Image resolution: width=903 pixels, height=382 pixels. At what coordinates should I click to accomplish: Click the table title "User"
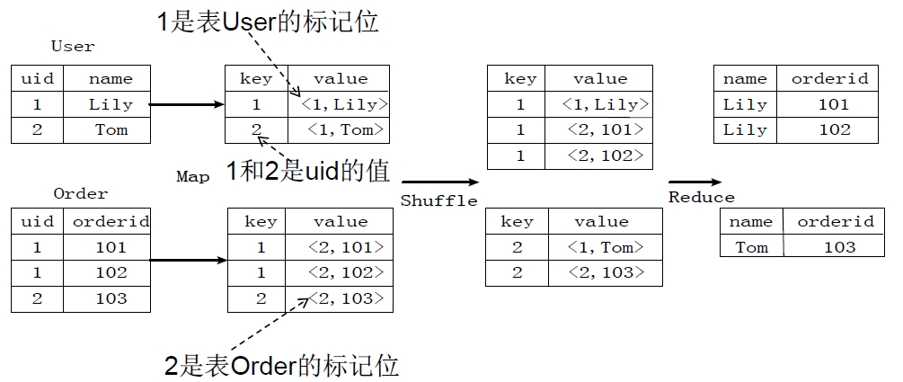coord(73,46)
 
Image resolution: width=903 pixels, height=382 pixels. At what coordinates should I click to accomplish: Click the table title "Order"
coord(80,193)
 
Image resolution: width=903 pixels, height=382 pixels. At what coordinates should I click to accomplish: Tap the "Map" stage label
coord(192,177)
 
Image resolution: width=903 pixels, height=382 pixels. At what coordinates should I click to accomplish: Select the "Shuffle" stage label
coord(438,200)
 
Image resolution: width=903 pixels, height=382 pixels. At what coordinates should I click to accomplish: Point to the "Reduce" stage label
coord(701,197)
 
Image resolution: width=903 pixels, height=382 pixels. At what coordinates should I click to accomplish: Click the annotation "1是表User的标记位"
coord(267,22)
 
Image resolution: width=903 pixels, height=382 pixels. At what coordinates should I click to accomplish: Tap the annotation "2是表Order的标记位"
coord(281,366)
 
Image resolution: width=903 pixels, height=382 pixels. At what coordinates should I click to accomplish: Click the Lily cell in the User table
coord(110,104)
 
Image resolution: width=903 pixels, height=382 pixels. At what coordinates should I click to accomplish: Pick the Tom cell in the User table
coord(111,129)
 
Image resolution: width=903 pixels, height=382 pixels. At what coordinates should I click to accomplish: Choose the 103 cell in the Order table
coord(111,298)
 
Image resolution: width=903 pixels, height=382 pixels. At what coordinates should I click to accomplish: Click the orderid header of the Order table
coord(111,221)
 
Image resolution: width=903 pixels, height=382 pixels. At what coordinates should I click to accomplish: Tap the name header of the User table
coord(111,79)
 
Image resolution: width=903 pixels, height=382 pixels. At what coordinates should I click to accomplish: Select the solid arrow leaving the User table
coord(186,105)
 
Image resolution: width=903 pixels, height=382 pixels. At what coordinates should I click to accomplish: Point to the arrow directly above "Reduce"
coord(694,182)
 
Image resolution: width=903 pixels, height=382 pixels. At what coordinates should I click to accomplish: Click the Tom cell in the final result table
coord(751,246)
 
